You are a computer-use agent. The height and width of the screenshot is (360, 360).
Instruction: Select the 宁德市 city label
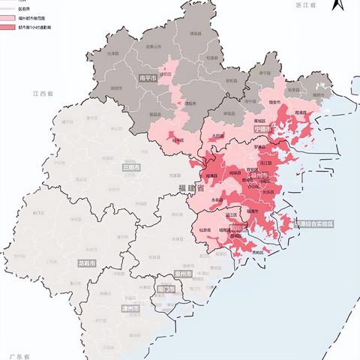pos(262,129)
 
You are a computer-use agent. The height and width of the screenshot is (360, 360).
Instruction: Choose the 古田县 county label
pos(217,136)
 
